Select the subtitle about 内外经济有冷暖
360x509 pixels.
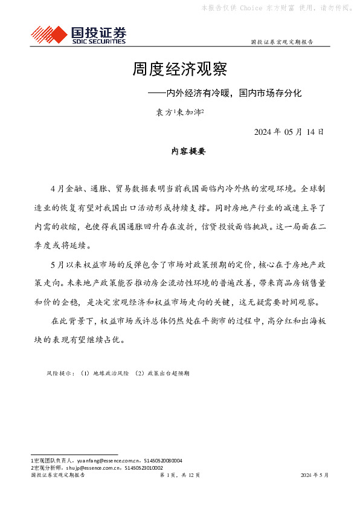(x=228, y=94)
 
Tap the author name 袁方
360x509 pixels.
(x=161, y=112)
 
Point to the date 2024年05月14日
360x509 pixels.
(x=289, y=131)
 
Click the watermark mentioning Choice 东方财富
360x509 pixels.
(x=277, y=8)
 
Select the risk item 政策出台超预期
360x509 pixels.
(x=162, y=374)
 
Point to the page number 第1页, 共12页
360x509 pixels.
(x=179, y=475)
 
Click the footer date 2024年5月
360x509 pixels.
(x=315, y=475)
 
